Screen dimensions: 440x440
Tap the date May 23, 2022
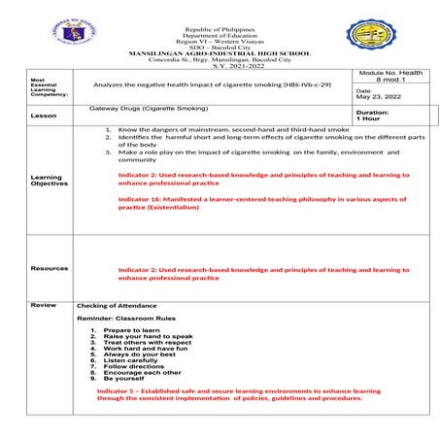[x=381, y=96]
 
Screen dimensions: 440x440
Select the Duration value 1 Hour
[x=371, y=118]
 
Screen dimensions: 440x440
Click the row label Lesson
[x=44, y=115]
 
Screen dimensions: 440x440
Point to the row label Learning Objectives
[x=49, y=181]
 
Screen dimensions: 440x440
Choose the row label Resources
[x=49, y=268]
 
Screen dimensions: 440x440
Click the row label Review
[x=43, y=305]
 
